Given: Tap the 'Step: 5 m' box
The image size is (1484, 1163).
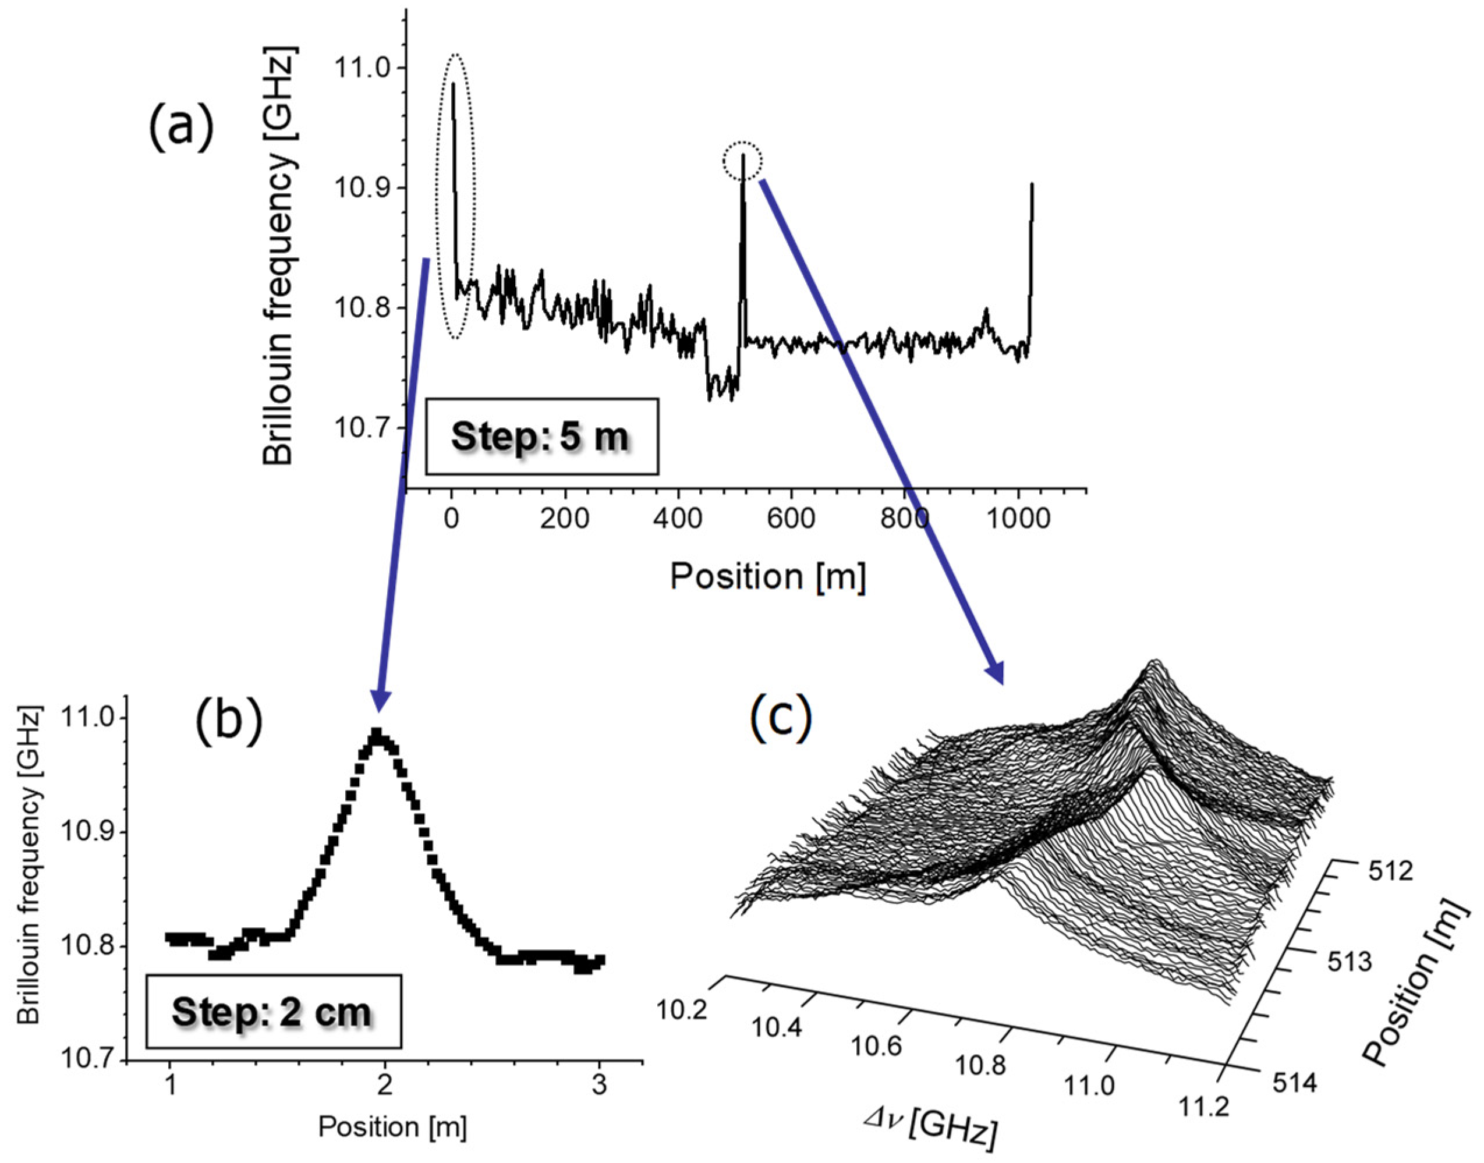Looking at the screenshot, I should point(541,437).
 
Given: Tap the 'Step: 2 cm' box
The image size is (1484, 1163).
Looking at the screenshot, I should point(273,1011).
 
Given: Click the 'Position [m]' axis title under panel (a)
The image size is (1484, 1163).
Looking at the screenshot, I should point(767,577).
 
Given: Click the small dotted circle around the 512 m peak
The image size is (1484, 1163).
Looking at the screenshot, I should point(742,161).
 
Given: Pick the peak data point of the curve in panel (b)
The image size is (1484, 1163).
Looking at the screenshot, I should point(377,733).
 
